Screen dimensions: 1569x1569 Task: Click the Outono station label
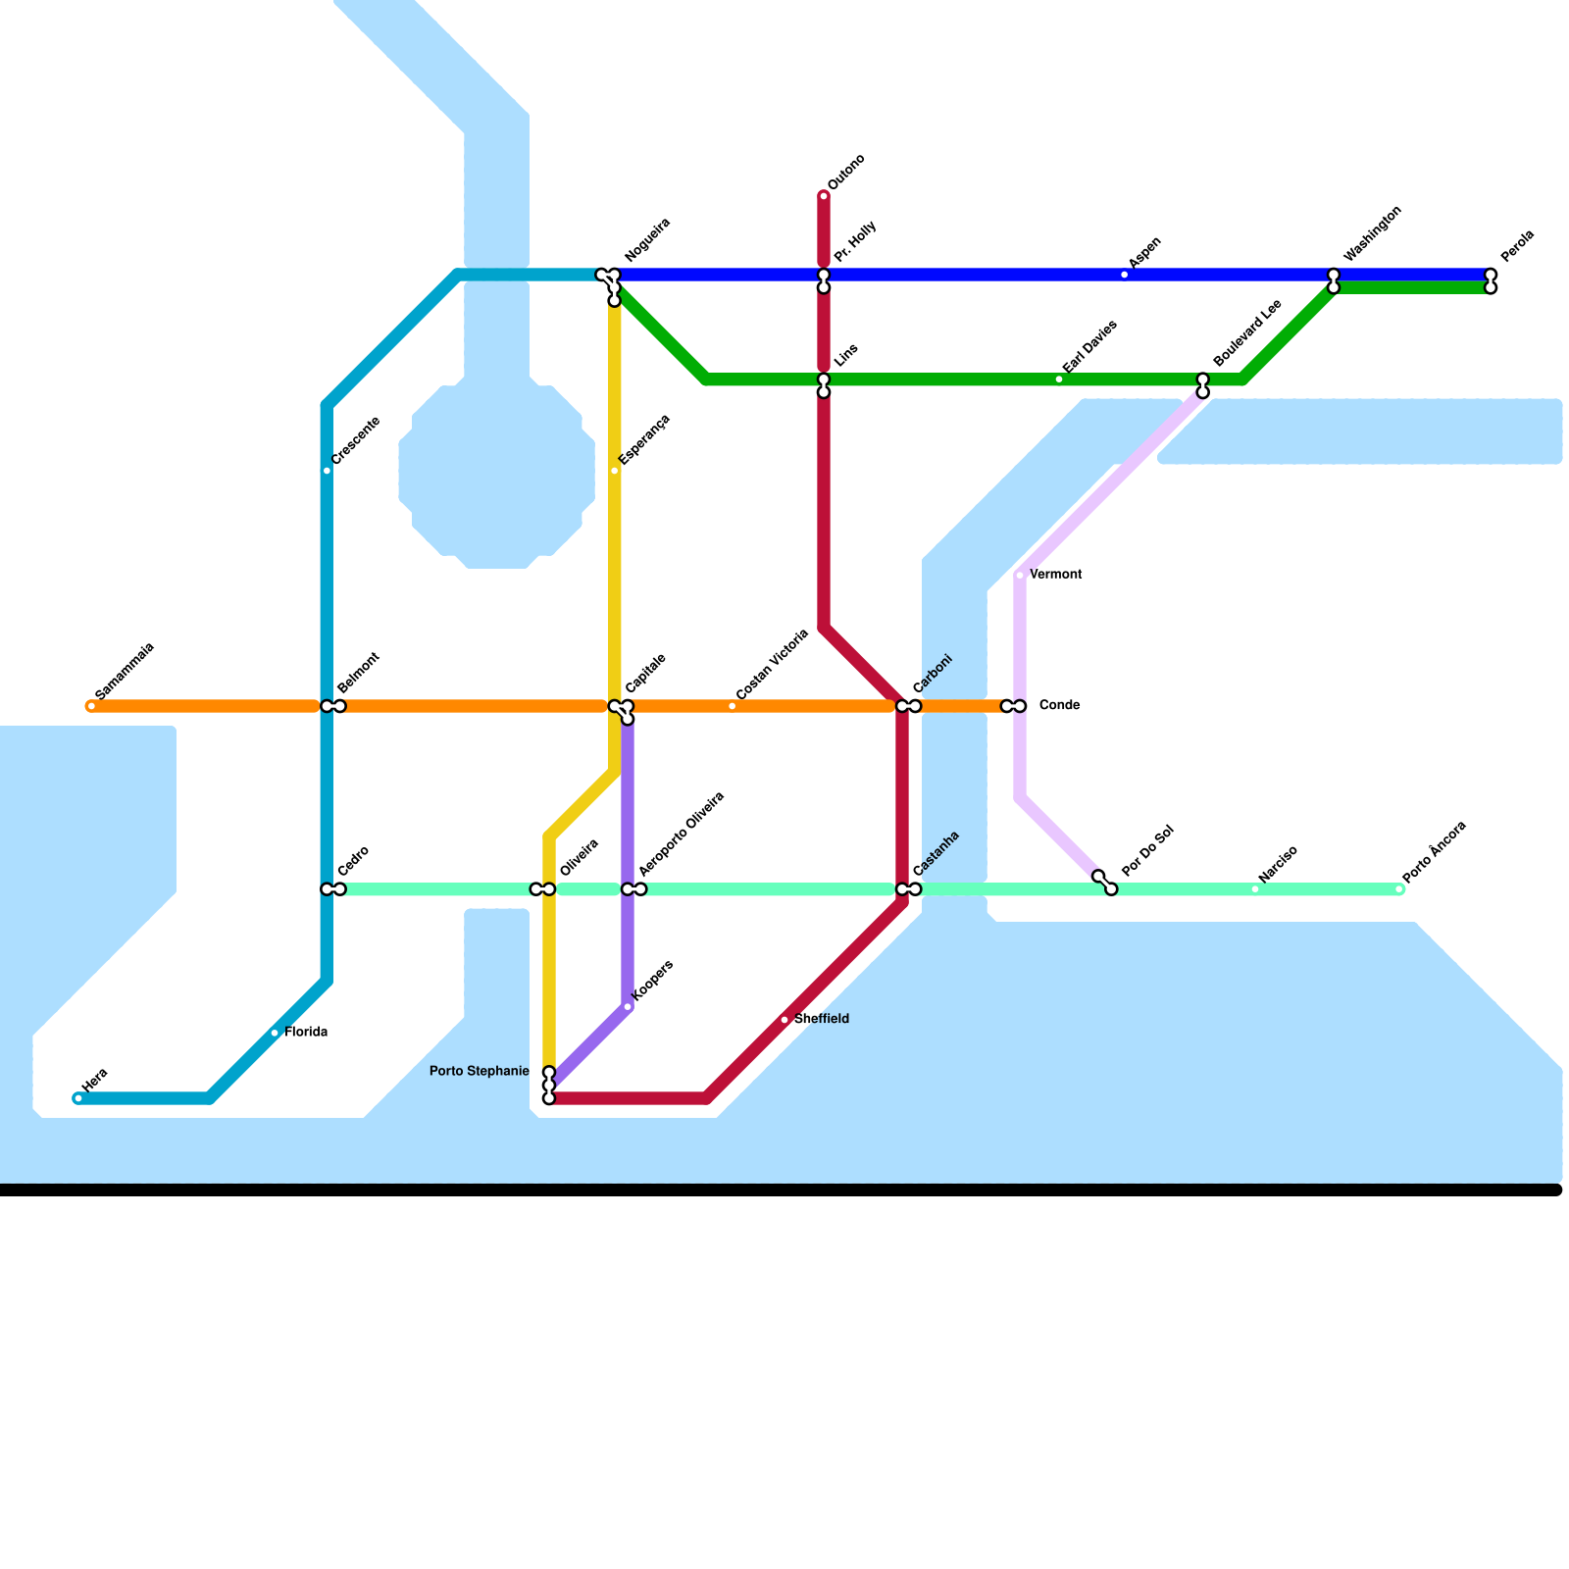(x=845, y=172)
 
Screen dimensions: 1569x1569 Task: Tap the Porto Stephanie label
(x=480, y=1071)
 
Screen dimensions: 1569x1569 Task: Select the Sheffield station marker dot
(x=784, y=1020)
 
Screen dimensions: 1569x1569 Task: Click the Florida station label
(x=306, y=1032)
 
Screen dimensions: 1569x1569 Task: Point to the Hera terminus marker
(x=78, y=1098)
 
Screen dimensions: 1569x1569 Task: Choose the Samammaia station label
(x=125, y=671)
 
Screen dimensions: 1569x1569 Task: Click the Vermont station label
(x=1056, y=574)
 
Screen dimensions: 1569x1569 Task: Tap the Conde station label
(x=1059, y=705)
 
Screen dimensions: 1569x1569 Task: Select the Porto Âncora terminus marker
(x=1399, y=889)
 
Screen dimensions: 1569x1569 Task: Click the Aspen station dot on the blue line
(x=1125, y=275)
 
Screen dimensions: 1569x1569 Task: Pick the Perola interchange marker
(x=1491, y=281)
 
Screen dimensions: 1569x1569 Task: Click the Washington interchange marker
(x=1334, y=281)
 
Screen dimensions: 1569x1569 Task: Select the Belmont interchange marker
(x=333, y=706)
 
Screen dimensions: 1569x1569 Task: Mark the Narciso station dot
(x=1255, y=889)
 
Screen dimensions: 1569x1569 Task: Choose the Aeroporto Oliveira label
(x=682, y=834)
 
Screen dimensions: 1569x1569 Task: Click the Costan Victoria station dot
(x=733, y=706)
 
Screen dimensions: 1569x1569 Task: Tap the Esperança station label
(x=644, y=439)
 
